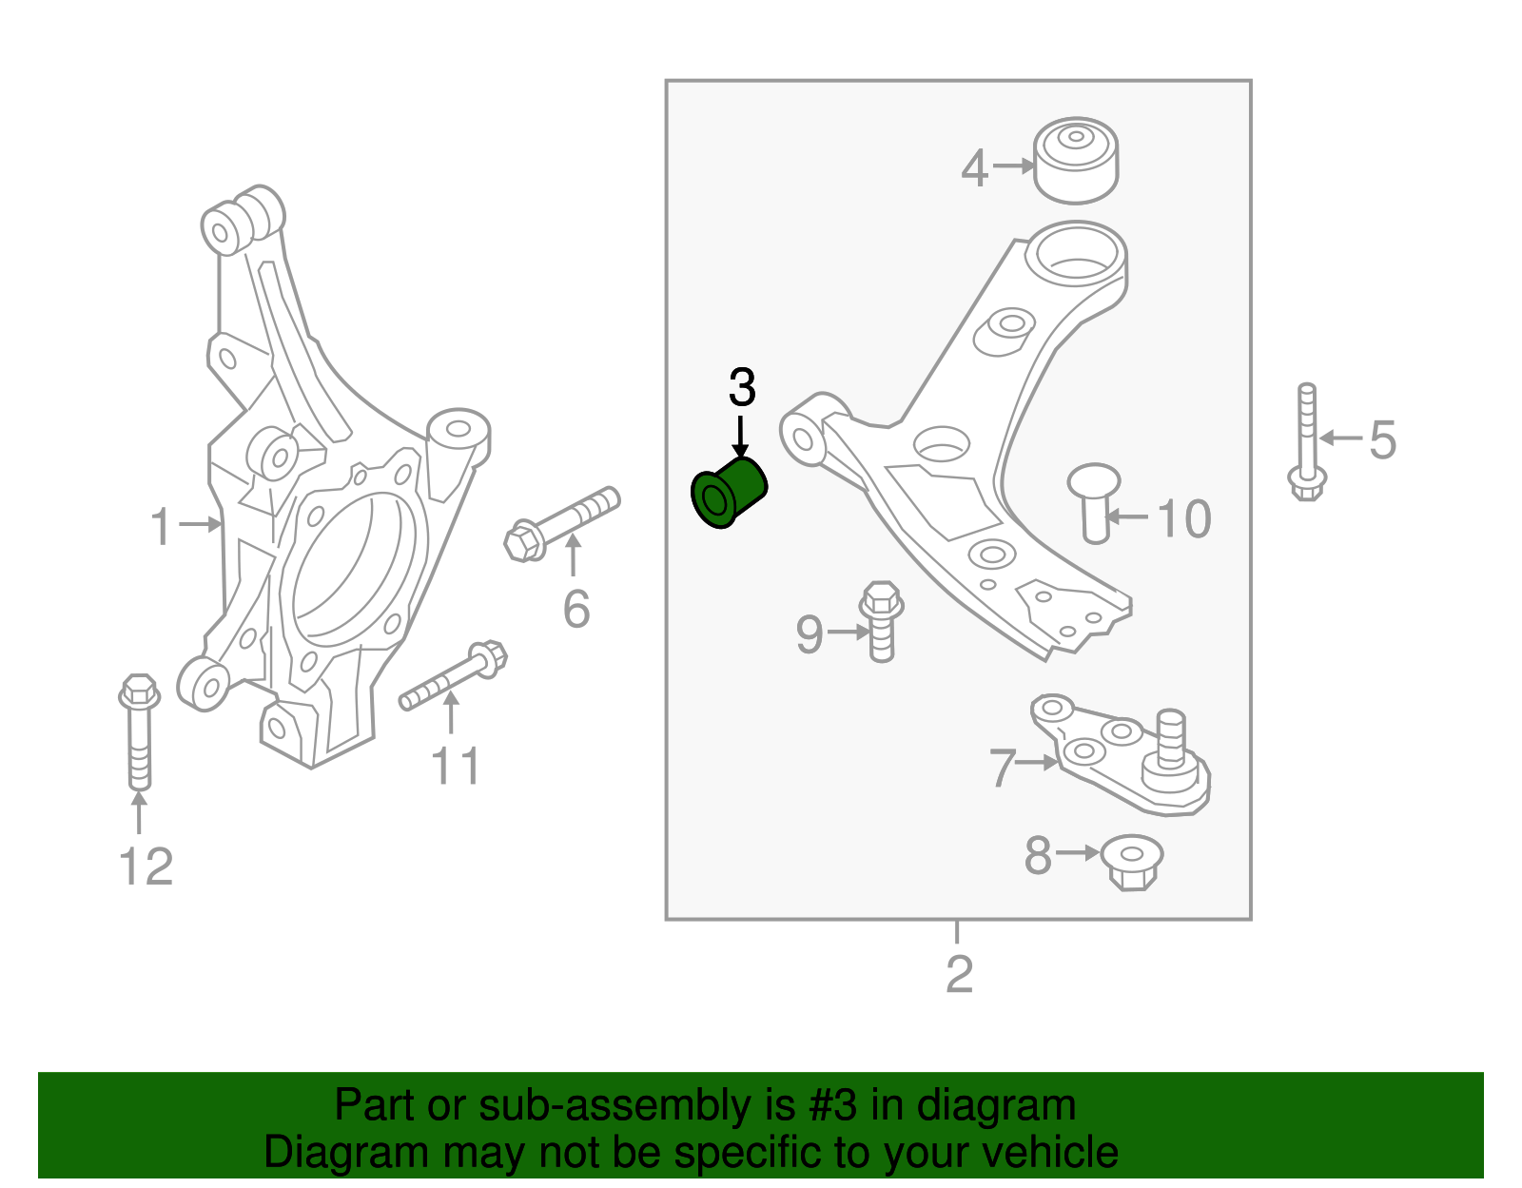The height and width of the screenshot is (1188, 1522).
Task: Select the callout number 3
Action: (742, 388)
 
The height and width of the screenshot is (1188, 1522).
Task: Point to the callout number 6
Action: (576, 609)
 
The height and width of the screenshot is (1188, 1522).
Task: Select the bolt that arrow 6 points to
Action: (561, 523)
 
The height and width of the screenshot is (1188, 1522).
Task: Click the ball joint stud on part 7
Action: (1170, 737)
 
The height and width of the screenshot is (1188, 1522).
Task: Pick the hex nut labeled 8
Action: (1131, 862)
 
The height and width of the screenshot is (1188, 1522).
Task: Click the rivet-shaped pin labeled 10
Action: (1094, 502)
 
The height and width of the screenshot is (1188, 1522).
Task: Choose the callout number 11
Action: (456, 766)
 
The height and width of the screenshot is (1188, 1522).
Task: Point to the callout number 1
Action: (162, 526)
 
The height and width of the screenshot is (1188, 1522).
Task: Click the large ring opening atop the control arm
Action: (1076, 251)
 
